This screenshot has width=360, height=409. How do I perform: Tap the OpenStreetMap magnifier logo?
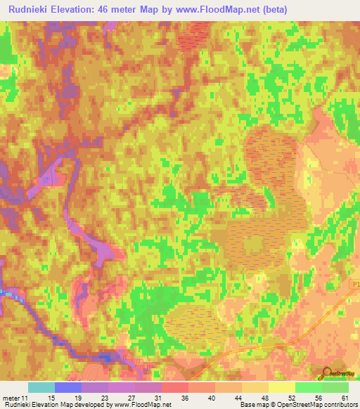(x=326, y=373)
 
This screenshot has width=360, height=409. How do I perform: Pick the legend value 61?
(x=344, y=397)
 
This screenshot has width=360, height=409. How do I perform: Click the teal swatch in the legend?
(x=41, y=387)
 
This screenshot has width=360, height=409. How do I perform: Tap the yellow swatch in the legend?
(x=282, y=387)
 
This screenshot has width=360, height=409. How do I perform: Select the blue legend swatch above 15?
(x=68, y=387)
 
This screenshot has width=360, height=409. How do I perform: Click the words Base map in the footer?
(x=252, y=405)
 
